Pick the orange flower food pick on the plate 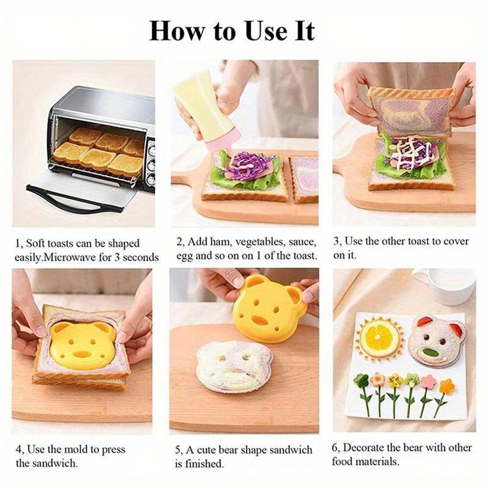click(x=447, y=387)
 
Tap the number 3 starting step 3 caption click(x=336, y=241)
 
